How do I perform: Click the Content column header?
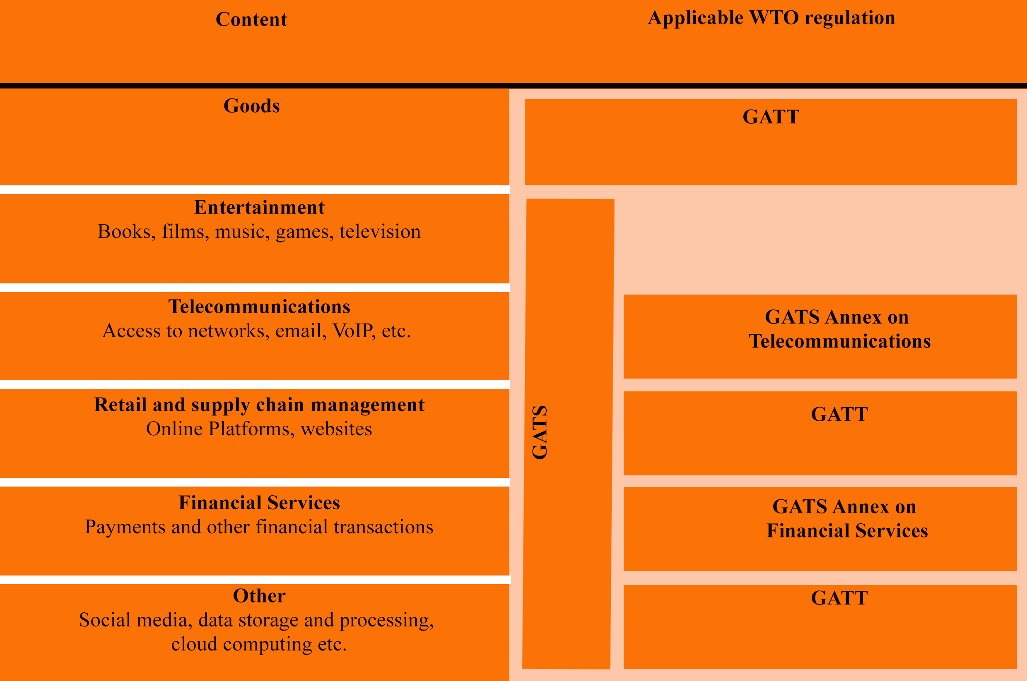click(251, 19)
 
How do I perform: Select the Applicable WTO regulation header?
click(771, 18)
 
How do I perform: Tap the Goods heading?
click(252, 106)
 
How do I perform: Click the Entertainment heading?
click(259, 207)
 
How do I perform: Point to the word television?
click(380, 232)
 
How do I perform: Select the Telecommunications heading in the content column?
click(259, 307)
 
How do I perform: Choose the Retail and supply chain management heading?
click(259, 405)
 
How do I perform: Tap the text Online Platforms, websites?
click(259, 429)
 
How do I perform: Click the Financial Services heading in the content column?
click(259, 503)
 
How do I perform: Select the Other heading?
click(259, 596)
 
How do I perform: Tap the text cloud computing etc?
click(259, 644)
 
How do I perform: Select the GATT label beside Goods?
click(771, 117)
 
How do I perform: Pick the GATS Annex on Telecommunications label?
click(839, 329)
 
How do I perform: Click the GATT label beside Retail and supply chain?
click(839, 414)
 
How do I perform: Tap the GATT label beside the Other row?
click(839, 598)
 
